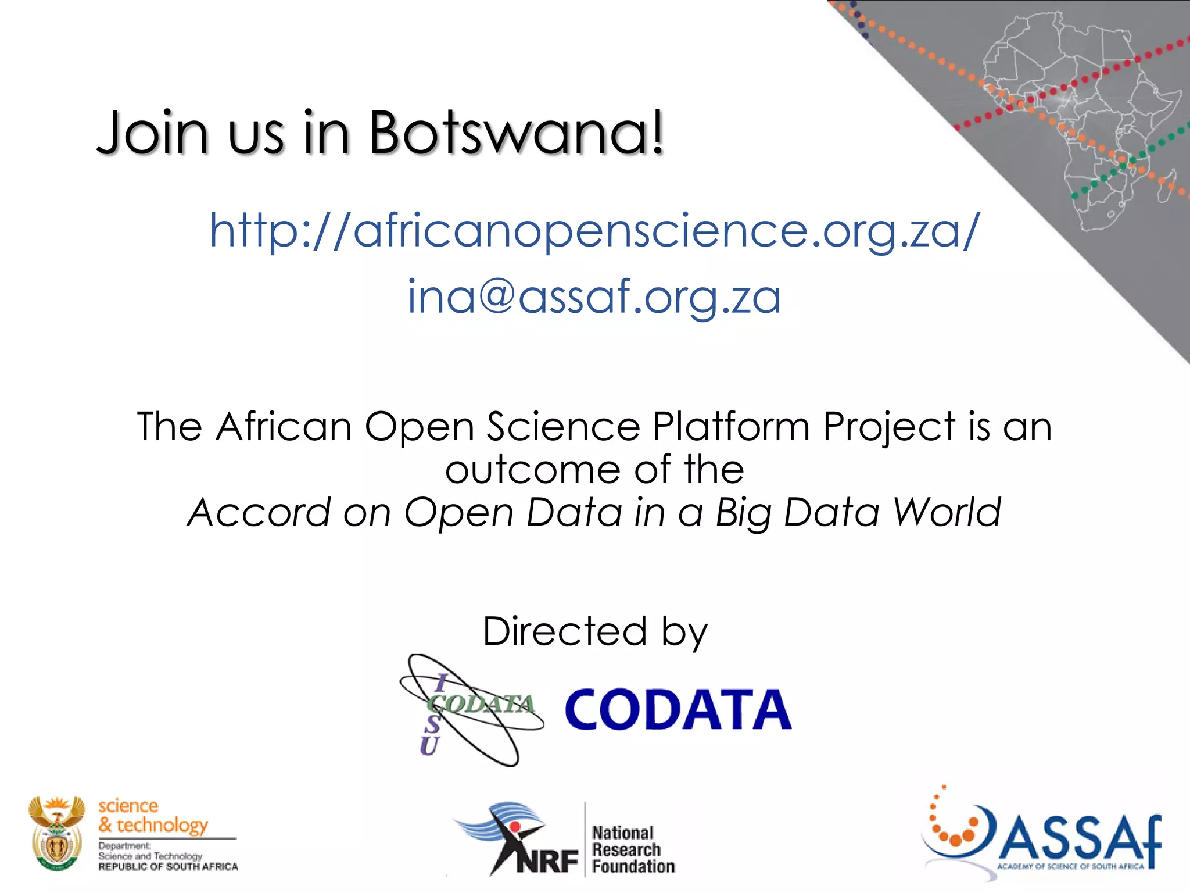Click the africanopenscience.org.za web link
594,231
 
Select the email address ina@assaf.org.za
594,297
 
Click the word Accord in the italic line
260,513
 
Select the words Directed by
595,631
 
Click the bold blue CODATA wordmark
678,710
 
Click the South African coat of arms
56,833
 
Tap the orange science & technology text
152,815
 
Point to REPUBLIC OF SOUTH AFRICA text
168,867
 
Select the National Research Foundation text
632,850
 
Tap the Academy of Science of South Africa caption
1070,866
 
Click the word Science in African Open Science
563,427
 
